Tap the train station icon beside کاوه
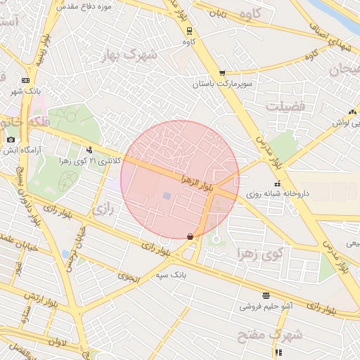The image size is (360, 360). (189, 30)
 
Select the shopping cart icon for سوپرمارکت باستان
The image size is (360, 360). (222, 72)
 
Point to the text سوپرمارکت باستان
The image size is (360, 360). (220, 84)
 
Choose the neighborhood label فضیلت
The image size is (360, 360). (285, 105)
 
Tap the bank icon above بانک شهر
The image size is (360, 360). (25, 80)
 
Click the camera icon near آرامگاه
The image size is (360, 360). (10, 140)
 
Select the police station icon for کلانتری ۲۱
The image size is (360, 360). (89, 149)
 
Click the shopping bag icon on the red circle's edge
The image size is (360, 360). (190, 237)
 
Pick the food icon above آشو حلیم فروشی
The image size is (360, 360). (266, 295)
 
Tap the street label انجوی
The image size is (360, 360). (130, 278)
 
